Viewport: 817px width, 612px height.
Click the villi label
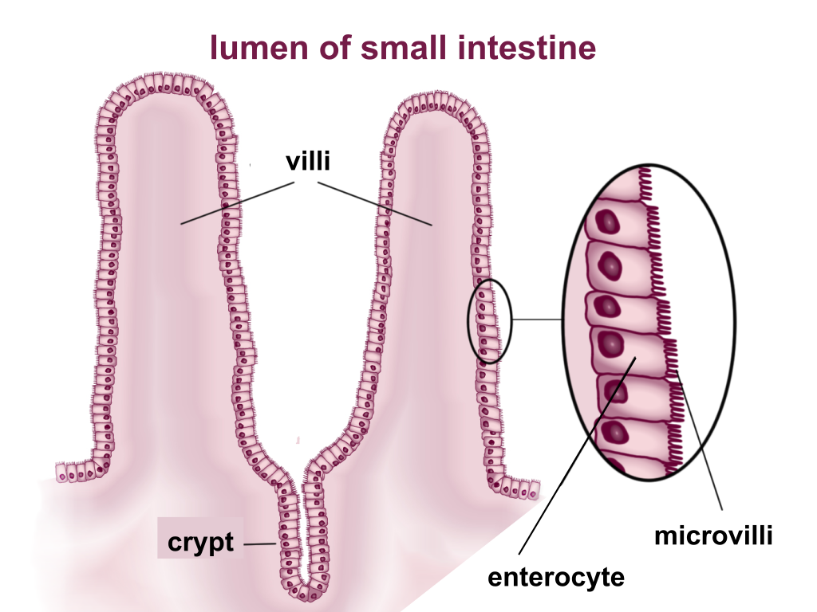coord(308,162)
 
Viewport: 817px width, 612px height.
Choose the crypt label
coord(200,543)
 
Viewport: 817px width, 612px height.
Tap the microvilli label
coord(713,535)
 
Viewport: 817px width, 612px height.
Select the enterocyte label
coord(556,576)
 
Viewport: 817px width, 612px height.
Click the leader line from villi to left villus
coord(239,202)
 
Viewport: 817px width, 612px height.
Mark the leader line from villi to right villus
coord(375,204)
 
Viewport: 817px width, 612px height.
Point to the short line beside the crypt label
coord(259,544)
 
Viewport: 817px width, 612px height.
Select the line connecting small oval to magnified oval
coord(536,320)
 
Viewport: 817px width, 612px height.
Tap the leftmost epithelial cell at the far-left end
coord(62,473)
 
